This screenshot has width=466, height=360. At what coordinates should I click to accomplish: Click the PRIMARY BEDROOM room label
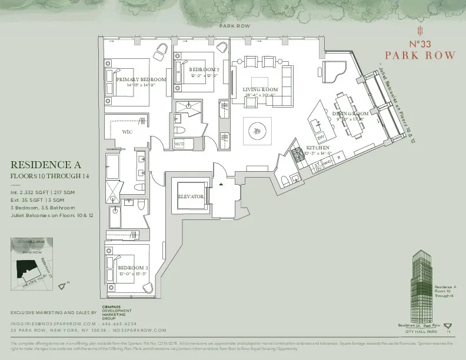tap(141, 79)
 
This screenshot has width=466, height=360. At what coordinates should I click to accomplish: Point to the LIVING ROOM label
tap(259, 89)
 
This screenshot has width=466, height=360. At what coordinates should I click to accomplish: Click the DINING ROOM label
tap(350, 113)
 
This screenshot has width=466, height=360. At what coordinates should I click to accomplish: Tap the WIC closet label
tap(127, 132)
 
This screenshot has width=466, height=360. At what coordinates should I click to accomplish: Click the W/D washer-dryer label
tap(179, 144)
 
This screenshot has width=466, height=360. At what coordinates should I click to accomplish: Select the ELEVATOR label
tap(191, 196)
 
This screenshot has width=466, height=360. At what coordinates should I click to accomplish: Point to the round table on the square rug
tap(258, 130)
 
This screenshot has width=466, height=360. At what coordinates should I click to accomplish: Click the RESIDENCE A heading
tap(45, 165)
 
